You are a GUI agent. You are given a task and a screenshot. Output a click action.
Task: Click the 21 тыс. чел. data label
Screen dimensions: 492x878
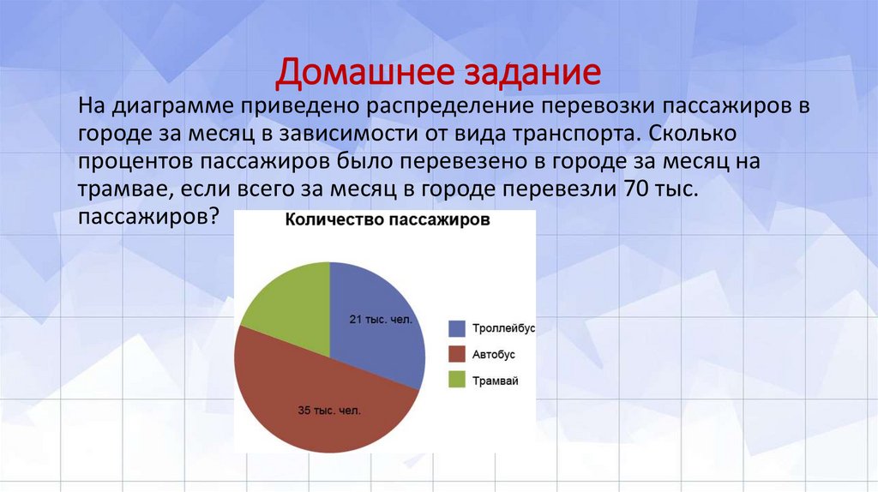point(381,320)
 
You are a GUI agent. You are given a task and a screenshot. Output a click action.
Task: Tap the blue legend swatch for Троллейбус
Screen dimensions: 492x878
point(457,328)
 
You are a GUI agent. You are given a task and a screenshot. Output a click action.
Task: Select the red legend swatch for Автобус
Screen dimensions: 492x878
point(457,354)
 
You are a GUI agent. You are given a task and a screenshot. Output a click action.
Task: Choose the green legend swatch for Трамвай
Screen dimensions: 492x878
point(457,380)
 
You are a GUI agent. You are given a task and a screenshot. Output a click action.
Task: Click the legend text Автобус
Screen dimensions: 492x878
point(494,354)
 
